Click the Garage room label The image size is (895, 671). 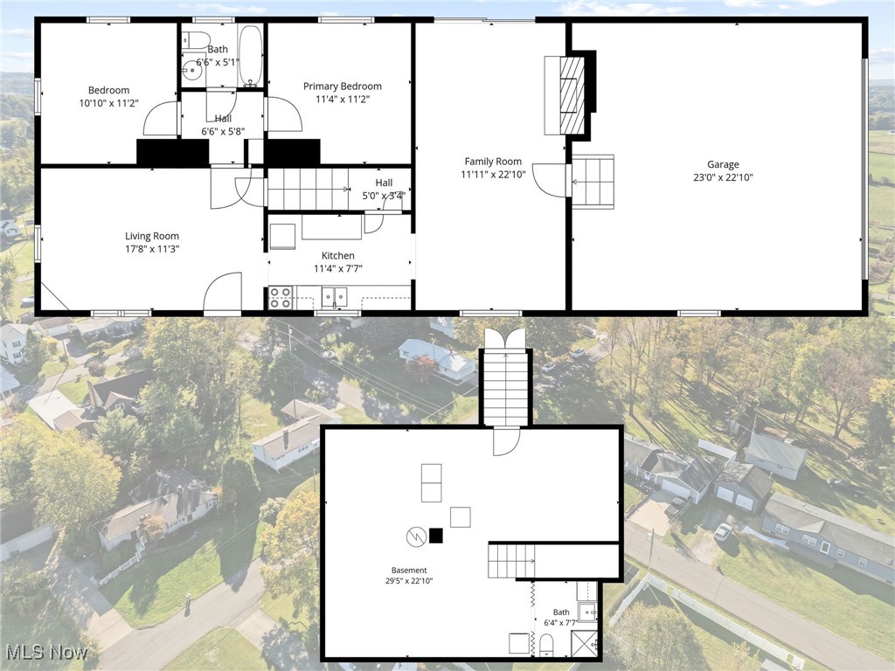click(x=723, y=164)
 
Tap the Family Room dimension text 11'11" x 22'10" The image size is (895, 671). click(x=492, y=175)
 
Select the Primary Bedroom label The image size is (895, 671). click(x=342, y=86)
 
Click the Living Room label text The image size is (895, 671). click(x=151, y=236)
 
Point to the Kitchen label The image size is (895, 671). click(x=337, y=256)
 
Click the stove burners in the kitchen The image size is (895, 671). click(x=280, y=298)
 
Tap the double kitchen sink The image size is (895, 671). click(x=334, y=297)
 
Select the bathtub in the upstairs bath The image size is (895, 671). click(x=250, y=56)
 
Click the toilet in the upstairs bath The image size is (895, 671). click(x=196, y=40)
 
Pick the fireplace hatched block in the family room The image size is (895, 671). click(x=572, y=95)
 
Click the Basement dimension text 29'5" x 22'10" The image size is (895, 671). click(x=410, y=580)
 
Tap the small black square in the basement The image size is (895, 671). click(x=436, y=536)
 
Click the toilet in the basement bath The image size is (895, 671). click(x=546, y=646)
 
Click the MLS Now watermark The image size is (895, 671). click(x=45, y=652)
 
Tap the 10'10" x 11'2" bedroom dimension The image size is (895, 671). click(x=108, y=102)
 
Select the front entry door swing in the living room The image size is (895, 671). click(x=223, y=293)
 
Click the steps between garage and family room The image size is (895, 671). click(x=593, y=182)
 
